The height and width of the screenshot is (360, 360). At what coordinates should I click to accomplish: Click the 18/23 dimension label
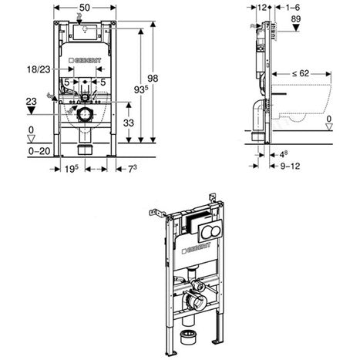point(36,69)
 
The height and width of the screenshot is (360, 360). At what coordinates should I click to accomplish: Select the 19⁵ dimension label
point(69,168)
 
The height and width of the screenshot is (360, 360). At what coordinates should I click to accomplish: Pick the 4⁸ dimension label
point(284,153)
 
